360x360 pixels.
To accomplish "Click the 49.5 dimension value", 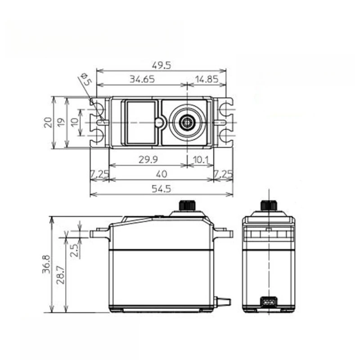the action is coord(162,65).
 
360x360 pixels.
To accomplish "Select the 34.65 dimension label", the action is coord(142,79).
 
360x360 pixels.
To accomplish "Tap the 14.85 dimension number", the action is coord(207,79).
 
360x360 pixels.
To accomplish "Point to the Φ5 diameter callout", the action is coord(86,79).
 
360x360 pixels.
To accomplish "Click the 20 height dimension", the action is coord(48,122).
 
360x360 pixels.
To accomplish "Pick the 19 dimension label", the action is coord(61,122).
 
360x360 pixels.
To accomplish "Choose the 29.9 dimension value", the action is coord(148,159).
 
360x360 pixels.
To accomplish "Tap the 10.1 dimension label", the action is coord(200,160).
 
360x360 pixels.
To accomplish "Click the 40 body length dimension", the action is coord(162,174).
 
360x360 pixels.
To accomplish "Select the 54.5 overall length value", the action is coord(162,189).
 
